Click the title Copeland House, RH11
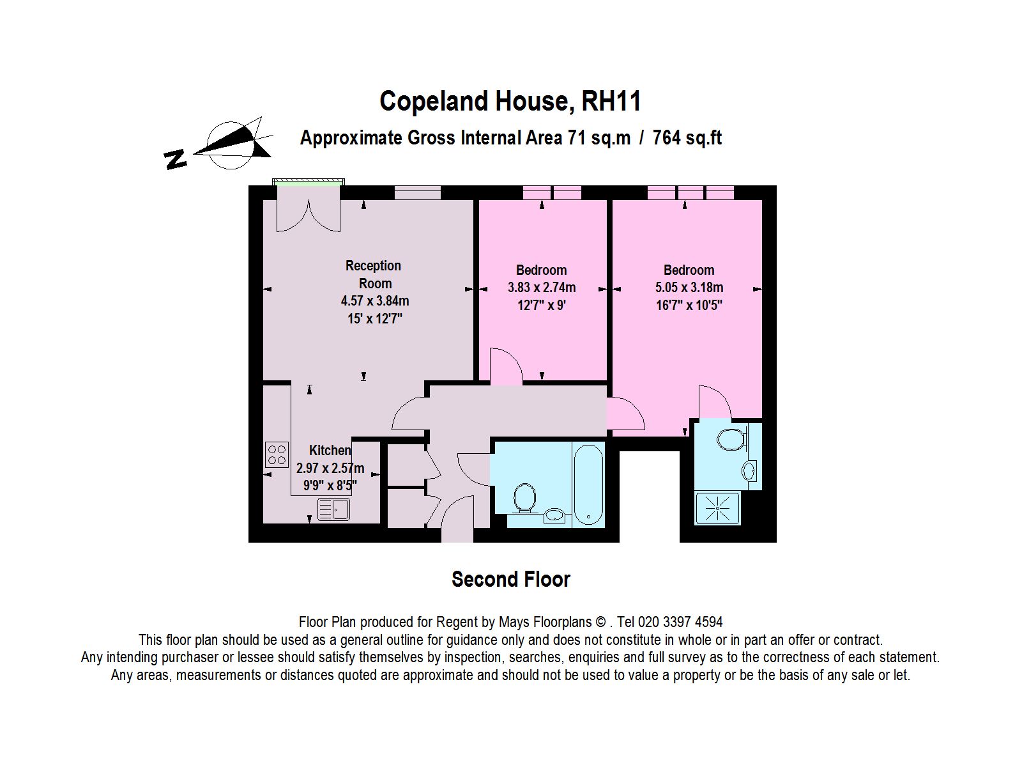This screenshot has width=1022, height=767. pos(510,102)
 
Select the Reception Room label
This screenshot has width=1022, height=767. pos(374,274)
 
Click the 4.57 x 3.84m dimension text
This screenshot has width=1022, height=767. pos(375,300)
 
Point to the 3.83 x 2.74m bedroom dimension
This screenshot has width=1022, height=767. pos(542,288)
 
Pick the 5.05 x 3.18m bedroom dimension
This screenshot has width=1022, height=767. pos(689,288)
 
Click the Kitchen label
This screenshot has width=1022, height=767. pos(330,451)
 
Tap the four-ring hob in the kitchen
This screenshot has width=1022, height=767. pos(277,454)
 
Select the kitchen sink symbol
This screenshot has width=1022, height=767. pos(333,509)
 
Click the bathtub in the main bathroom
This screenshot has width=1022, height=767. pos(588,483)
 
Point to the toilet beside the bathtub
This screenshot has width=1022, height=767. pos(525,497)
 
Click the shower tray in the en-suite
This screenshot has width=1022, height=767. pos(717,509)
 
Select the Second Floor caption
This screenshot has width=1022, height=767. pos(510,580)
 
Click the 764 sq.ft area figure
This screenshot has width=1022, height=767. pos(687,138)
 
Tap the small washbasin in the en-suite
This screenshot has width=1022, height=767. pos(749,471)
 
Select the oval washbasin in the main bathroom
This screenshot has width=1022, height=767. pos(554,515)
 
